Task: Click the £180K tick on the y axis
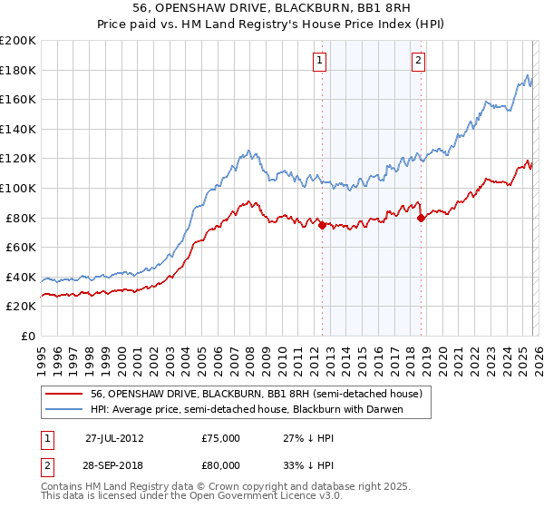19,70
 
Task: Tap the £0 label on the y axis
28,336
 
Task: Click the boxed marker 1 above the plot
321,61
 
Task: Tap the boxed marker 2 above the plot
418,61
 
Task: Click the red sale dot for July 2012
322,226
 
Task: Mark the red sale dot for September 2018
421,218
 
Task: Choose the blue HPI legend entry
246,409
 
